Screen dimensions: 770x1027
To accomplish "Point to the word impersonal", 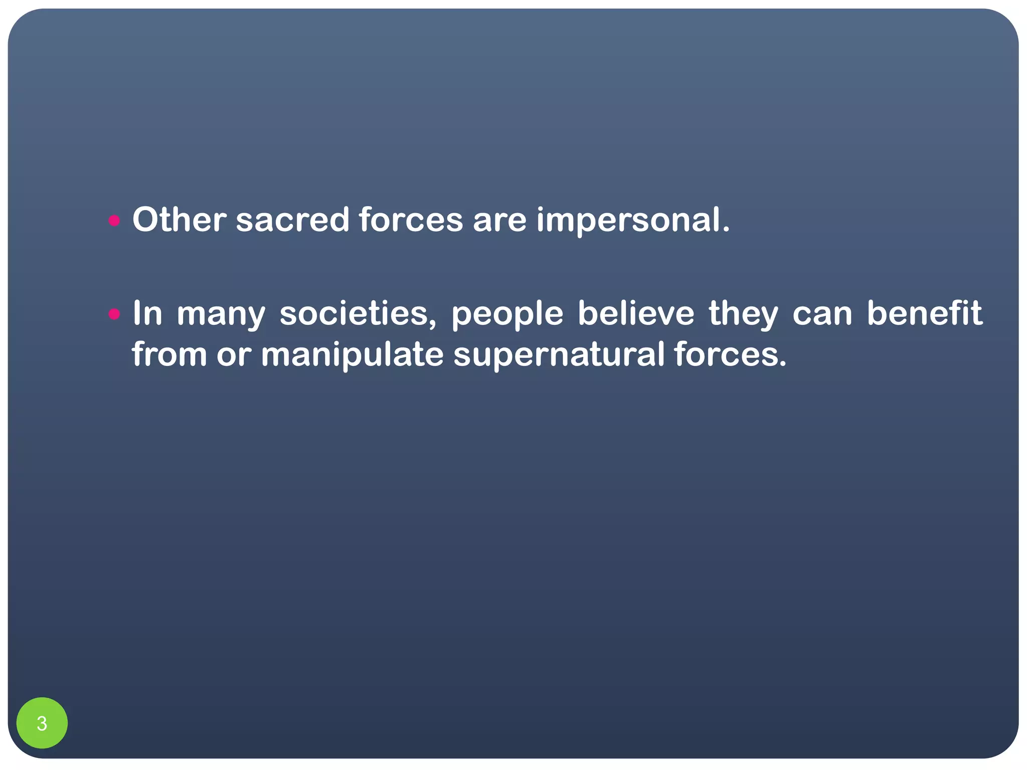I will click(633, 221).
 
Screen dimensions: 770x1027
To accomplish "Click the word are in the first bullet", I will click(499, 221).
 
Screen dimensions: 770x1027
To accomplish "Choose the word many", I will click(221, 315).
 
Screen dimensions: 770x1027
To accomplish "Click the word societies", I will click(358, 314).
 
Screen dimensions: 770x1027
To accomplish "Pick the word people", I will click(507, 315).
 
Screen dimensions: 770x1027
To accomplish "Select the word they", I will click(743, 314).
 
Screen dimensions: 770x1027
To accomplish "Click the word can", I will click(822, 315).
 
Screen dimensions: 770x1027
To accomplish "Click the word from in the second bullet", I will click(169, 354).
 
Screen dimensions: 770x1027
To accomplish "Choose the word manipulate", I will click(352, 355).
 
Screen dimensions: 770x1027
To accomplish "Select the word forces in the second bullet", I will click(730, 354).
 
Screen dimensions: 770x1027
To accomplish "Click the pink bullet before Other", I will click(114, 220).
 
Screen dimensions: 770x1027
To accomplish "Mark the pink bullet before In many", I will click(114, 314).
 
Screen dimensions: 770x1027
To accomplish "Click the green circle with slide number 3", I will click(42, 723).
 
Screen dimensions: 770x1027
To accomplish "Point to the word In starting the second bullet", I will click(147, 314).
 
